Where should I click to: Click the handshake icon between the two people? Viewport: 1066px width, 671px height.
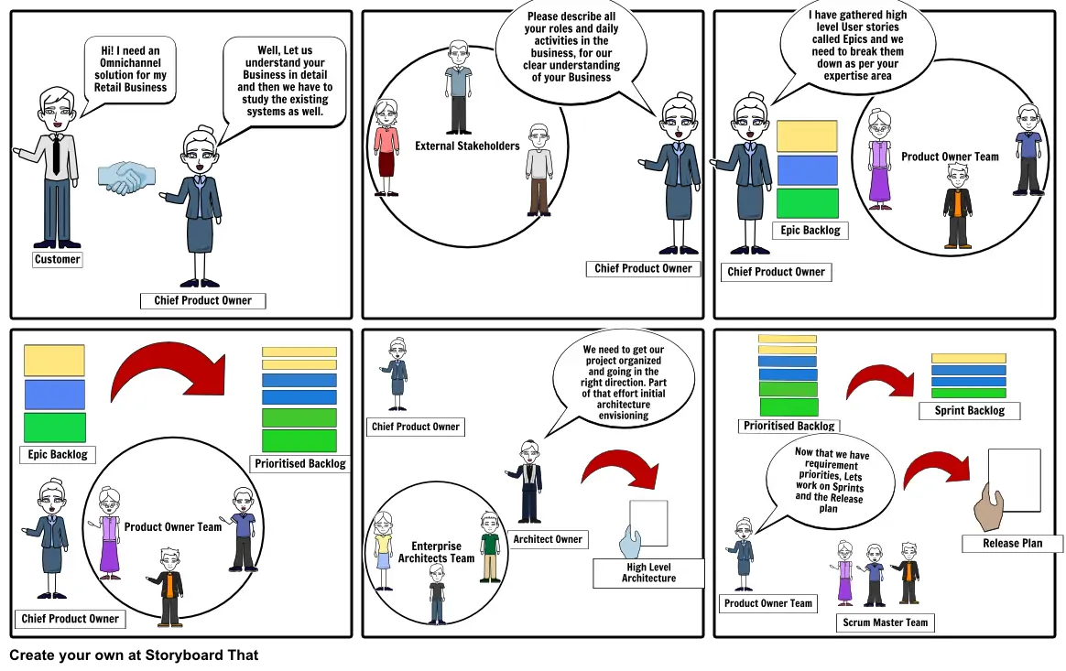click(126, 178)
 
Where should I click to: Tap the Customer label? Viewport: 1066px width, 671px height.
click(57, 259)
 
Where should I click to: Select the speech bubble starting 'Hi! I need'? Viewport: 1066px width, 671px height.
click(130, 70)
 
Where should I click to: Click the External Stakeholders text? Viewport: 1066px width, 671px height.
click(467, 146)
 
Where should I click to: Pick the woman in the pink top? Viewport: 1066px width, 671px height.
click(386, 146)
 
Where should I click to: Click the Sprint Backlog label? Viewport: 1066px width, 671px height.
click(969, 410)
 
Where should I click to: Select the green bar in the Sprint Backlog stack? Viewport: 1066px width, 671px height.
click(968, 393)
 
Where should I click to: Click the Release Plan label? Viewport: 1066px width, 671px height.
click(1012, 543)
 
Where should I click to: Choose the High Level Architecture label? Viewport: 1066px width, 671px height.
click(648, 572)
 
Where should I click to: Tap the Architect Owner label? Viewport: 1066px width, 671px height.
click(548, 539)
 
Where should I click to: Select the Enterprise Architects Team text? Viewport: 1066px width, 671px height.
click(436, 552)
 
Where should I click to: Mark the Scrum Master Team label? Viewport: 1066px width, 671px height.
click(885, 622)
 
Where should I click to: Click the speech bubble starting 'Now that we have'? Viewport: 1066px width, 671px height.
click(829, 479)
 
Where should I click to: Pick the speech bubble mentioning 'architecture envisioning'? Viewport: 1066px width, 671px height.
click(623, 383)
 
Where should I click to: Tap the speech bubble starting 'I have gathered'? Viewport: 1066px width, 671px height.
click(857, 46)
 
